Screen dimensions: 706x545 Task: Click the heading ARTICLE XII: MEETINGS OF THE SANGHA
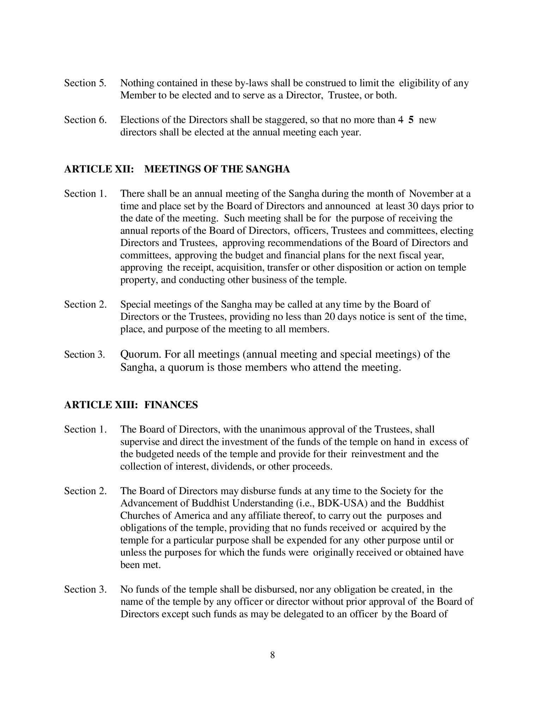[x=177, y=169]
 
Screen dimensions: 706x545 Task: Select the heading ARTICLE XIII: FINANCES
[x=131, y=405]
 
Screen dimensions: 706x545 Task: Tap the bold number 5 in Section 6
[x=411, y=120]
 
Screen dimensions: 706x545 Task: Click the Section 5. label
[x=85, y=83]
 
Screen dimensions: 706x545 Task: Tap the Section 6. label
[x=85, y=120]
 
